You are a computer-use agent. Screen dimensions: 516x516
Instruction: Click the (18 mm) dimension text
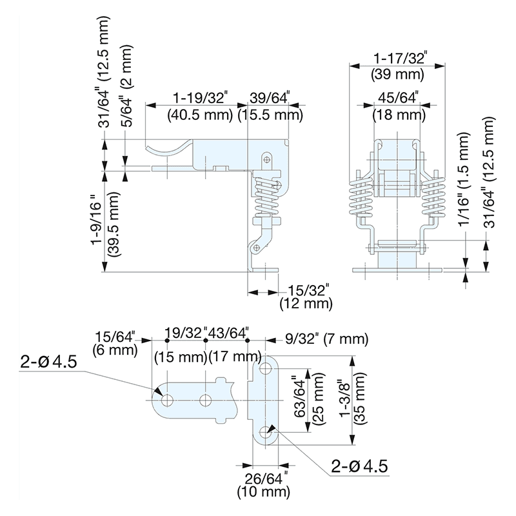tap(398, 116)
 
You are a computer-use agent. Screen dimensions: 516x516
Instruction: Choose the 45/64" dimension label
tap(398, 98)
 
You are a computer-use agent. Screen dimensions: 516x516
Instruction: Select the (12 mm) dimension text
tap(306, 303)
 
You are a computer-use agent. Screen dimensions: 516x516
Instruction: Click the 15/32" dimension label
tap(306, 288)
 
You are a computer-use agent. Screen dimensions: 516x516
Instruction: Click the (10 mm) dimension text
tap(261, 493)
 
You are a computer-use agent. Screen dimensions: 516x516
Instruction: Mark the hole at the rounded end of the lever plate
tap(166, 401)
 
